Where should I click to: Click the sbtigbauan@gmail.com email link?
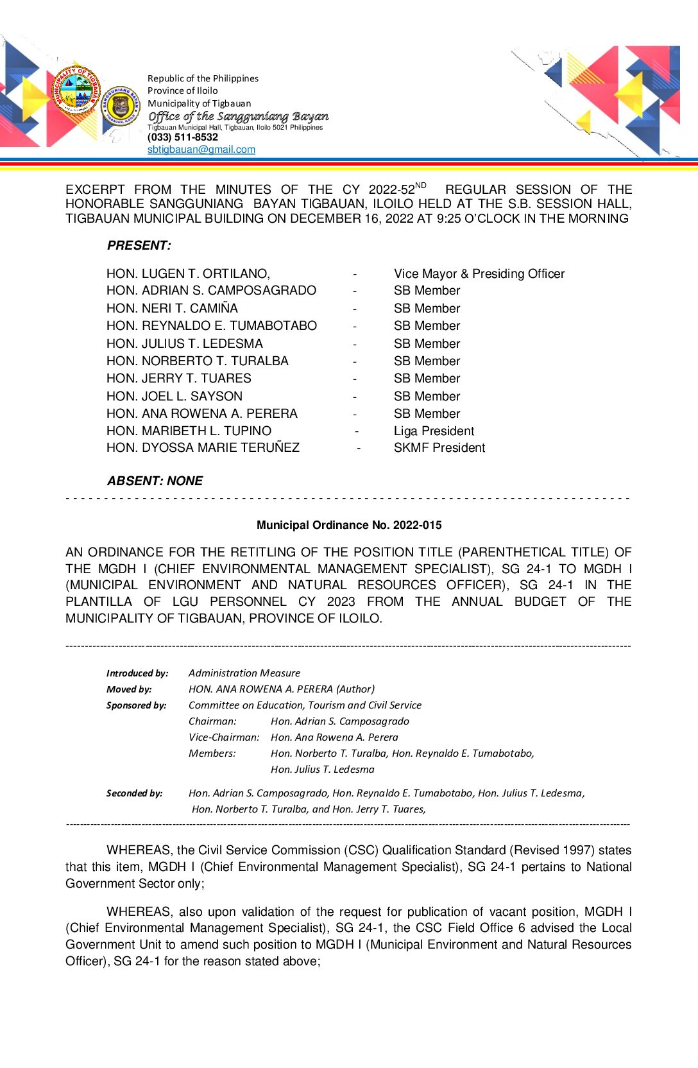201,150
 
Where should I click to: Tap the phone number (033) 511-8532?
182,137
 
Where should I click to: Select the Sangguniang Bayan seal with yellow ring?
120,106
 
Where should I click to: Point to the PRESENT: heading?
139,245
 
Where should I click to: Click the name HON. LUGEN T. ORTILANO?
188,274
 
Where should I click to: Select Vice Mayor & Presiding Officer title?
479,274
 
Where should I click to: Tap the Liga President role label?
434,431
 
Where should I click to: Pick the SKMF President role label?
439,448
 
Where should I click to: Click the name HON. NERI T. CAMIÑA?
172,309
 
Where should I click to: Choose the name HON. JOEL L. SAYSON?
174,397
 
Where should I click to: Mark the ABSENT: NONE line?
155,481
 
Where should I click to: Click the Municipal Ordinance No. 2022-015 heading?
349,525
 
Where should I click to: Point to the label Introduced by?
137,673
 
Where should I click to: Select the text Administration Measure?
244,673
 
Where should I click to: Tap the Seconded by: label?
134,793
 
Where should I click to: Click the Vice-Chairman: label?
224,737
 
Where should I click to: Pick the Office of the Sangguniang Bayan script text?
238,116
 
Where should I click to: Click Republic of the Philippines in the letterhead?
203,78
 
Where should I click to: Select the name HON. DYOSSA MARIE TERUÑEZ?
203,448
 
